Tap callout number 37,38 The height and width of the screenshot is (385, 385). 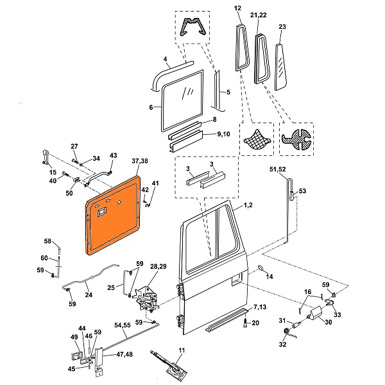click(x=139, y=161)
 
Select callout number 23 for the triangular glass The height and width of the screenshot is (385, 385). click(x=282, y=27)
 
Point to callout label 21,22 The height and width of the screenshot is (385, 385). click(x=260, y=15)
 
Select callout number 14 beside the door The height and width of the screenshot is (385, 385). click(x=269, y=277)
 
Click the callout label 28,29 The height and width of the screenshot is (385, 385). click(x=158, y=266)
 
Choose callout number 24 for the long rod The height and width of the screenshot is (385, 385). click(x=88, y=295)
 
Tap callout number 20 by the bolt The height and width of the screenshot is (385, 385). click(x=255, y=323)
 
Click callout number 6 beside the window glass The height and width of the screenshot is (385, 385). click(x=151, y=108)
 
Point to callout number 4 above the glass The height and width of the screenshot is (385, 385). click(x=165, y=60)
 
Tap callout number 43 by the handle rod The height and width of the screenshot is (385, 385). click(x=114, y=155)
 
